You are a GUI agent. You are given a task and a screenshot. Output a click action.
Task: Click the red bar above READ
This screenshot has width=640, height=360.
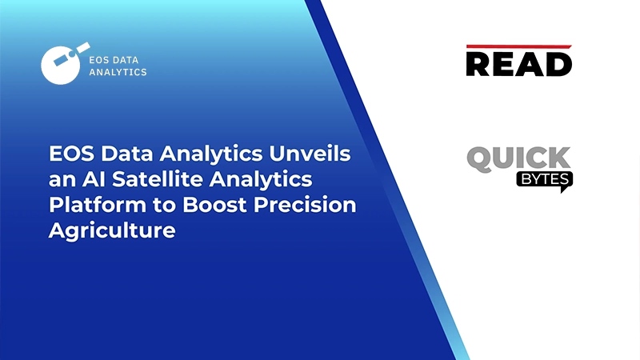pyautogui.click(x=518, y=47)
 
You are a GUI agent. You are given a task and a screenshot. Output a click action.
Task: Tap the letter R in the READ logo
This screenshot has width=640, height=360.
pyautogui.click(x=480, y=64)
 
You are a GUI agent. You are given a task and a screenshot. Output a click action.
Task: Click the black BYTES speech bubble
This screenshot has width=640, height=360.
pyautogui.click(x=544, y=180)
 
